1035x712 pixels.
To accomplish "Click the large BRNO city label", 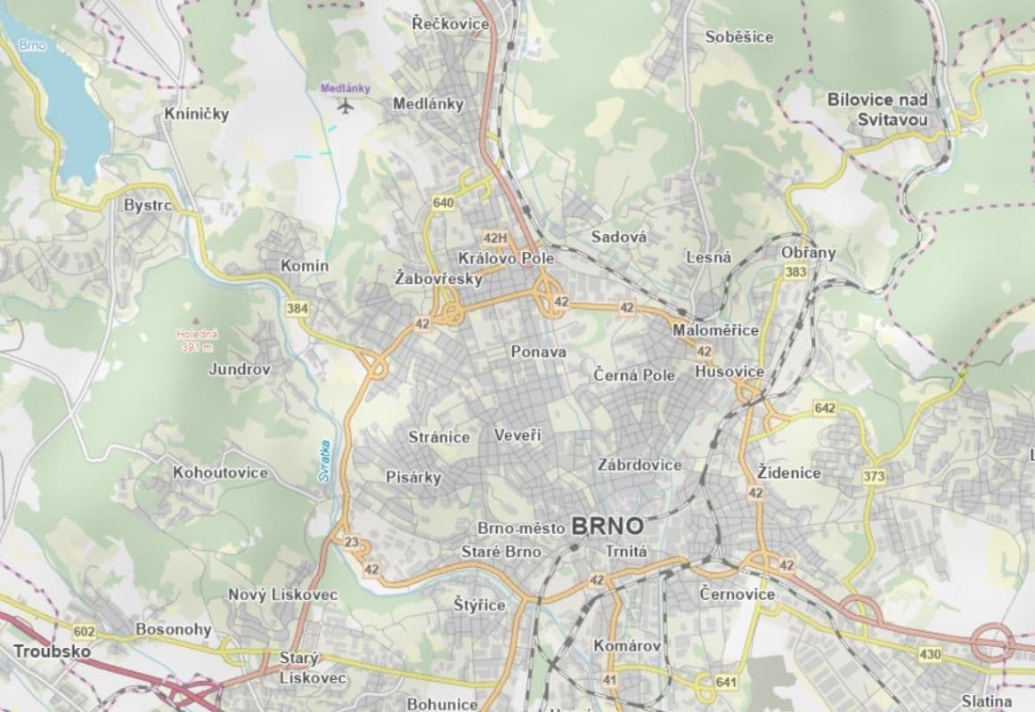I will (609, 526).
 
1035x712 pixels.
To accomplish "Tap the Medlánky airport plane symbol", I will (346, 106).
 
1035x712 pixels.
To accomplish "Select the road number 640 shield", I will (443, 203).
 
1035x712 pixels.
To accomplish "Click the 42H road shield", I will (494, 238).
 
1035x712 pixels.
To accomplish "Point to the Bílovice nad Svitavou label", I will (877, 109).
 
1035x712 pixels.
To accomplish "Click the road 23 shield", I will (351, 543).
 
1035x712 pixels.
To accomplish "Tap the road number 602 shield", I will (84, 631).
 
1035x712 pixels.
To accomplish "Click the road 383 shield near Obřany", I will (796, 271).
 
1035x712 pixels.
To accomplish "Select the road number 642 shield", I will (825, 408).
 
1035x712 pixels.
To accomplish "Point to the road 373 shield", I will (874, 477).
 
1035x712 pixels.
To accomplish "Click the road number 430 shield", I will (930, 655).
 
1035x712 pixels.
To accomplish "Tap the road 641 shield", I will (726, 683).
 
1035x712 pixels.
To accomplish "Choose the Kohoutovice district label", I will (220, 473).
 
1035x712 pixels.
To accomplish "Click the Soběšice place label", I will (738, 37).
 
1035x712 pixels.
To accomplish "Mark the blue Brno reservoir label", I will (36, 44).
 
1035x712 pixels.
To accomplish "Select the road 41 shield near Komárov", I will (610, 680).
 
